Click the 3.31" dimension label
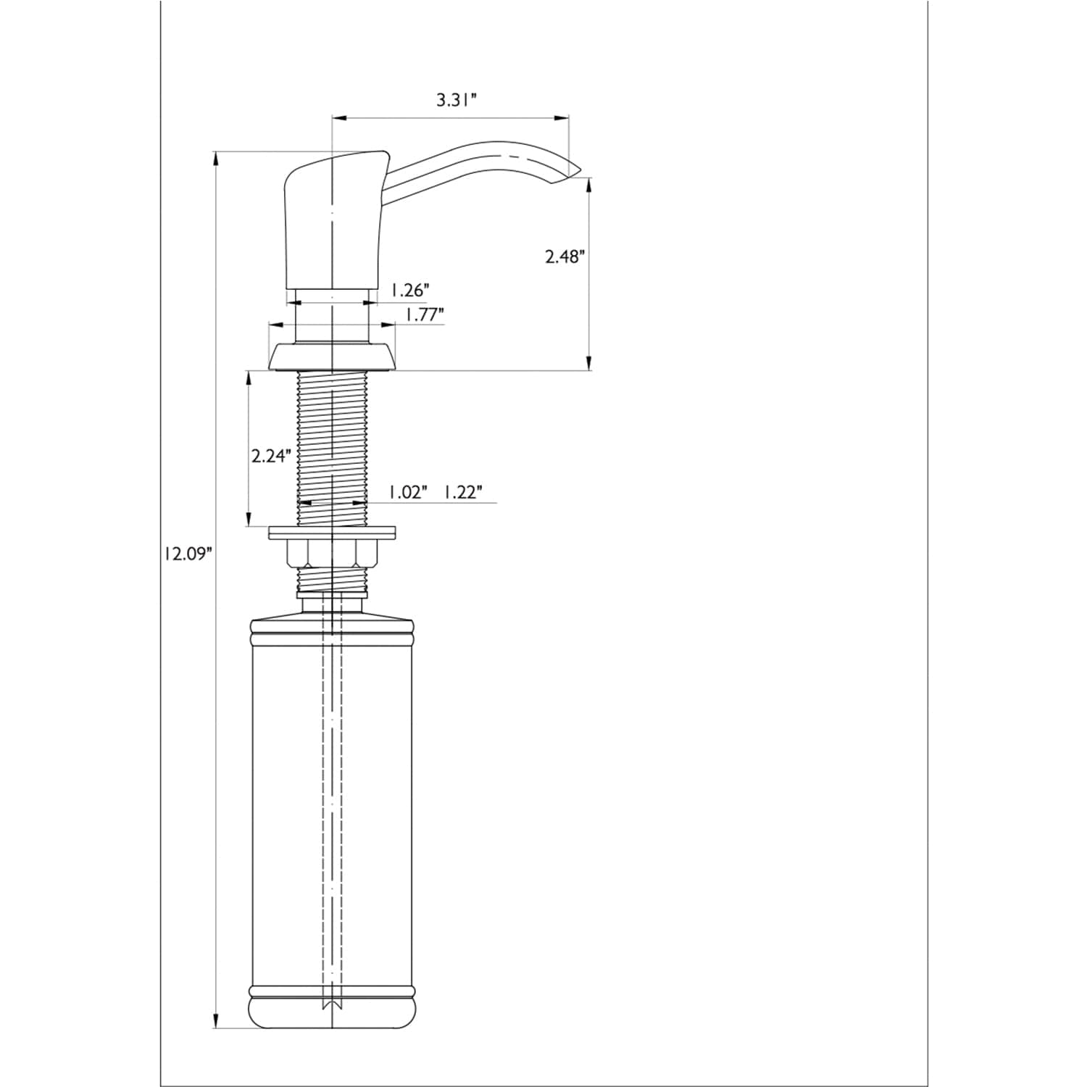(x=456, y=100)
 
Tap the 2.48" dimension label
(x=565, y=257)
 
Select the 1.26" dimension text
(x=410, y=290)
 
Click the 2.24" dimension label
(x=271, y=456)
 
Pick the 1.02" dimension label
(x=407, y=492)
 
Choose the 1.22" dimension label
(x=462, y=492)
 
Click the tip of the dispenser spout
(x=581, y=169)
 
